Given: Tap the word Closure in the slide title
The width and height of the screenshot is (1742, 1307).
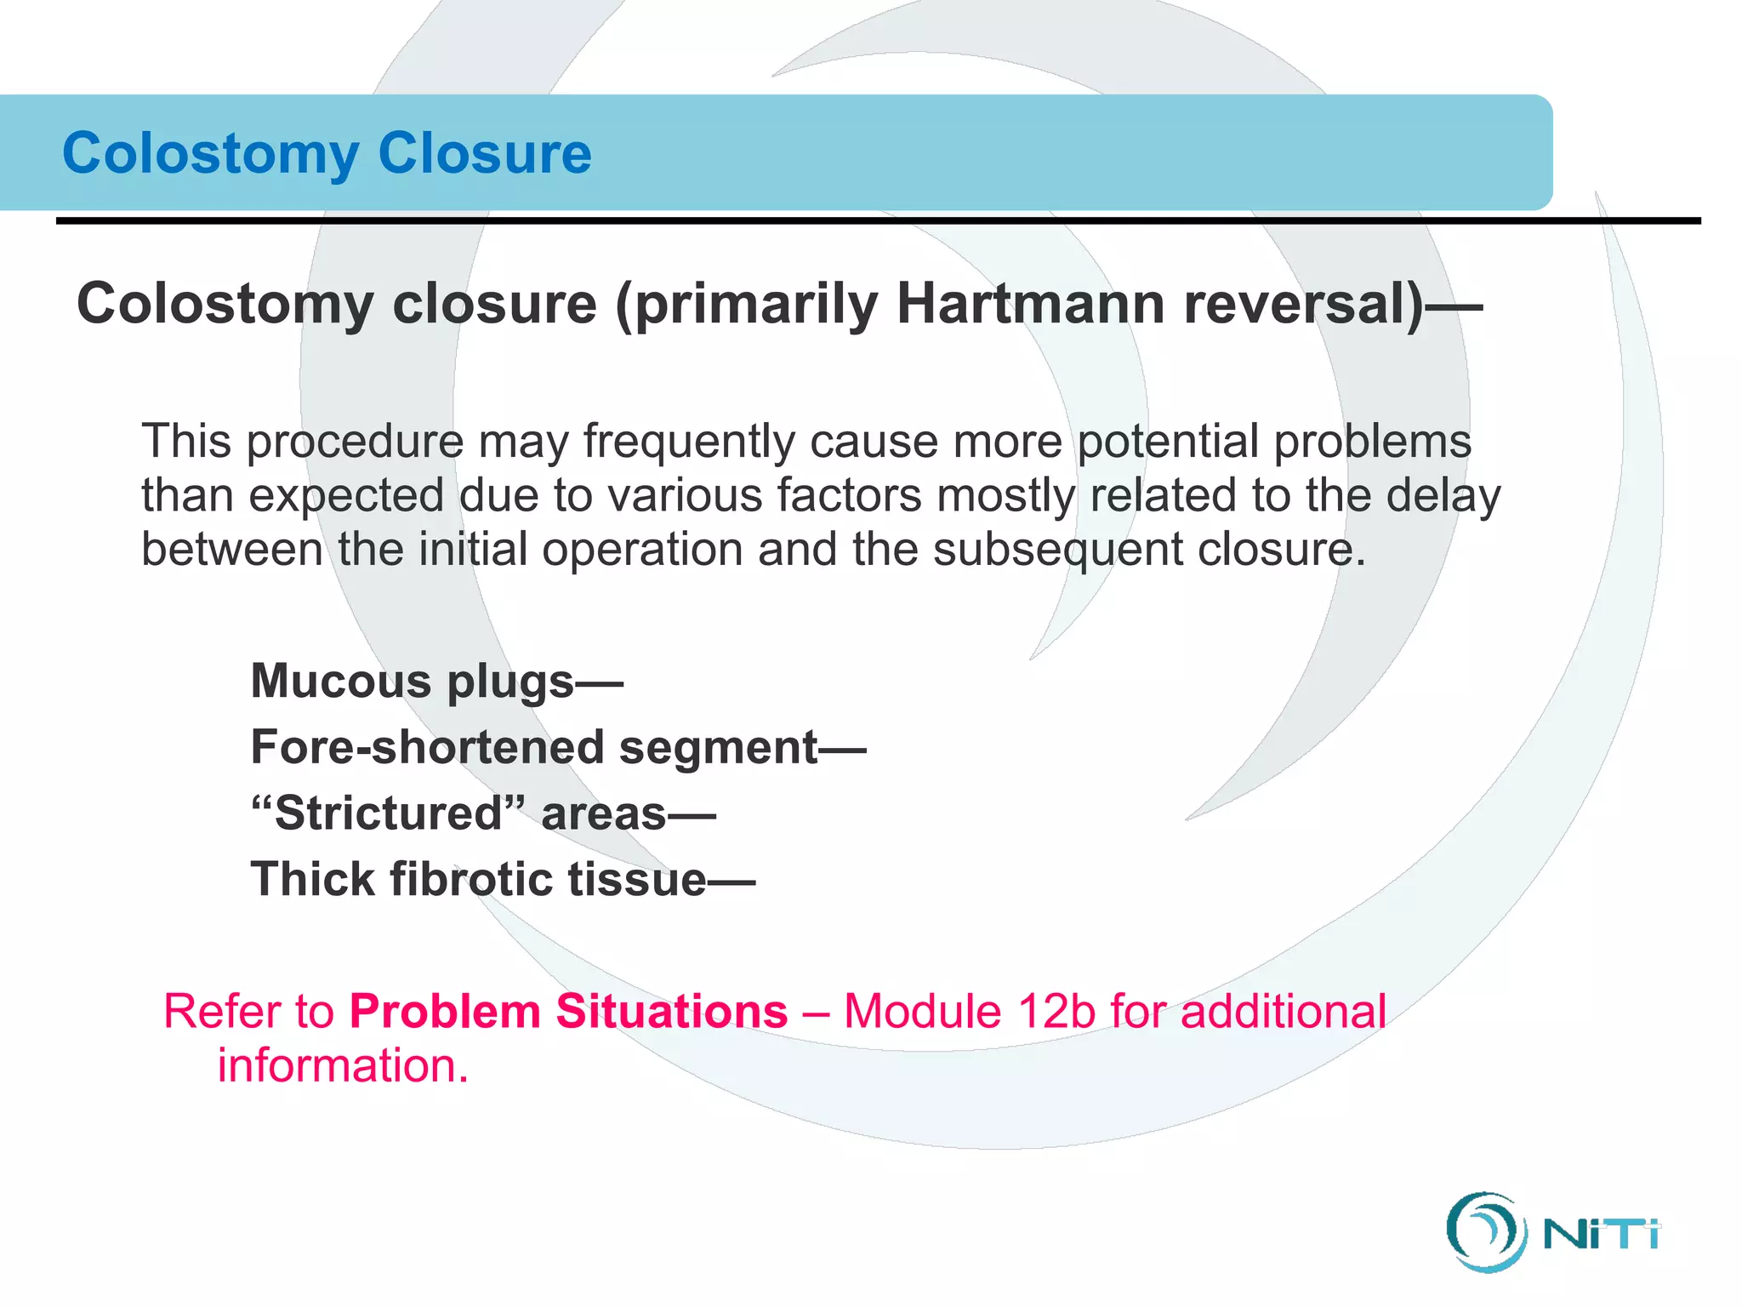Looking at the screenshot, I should click(x=484, y=154).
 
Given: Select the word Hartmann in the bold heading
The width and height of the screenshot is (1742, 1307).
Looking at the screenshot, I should click(x=1030, y=304).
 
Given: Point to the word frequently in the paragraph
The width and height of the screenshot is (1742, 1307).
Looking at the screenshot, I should click(x=688, y=442).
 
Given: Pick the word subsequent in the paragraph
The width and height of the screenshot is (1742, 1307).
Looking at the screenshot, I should click(x=1058, y=549).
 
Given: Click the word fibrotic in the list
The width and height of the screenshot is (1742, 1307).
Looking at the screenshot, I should click(x=471, y=879).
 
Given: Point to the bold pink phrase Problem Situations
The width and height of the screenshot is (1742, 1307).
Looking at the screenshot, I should click(x=568, y=1012).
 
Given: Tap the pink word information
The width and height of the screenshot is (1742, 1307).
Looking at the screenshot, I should click(x=343, y=1065).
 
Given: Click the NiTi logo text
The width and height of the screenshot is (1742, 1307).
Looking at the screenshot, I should click(x=1601, y=1234).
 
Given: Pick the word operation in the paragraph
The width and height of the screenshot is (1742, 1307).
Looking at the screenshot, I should click(x=642, y=549).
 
